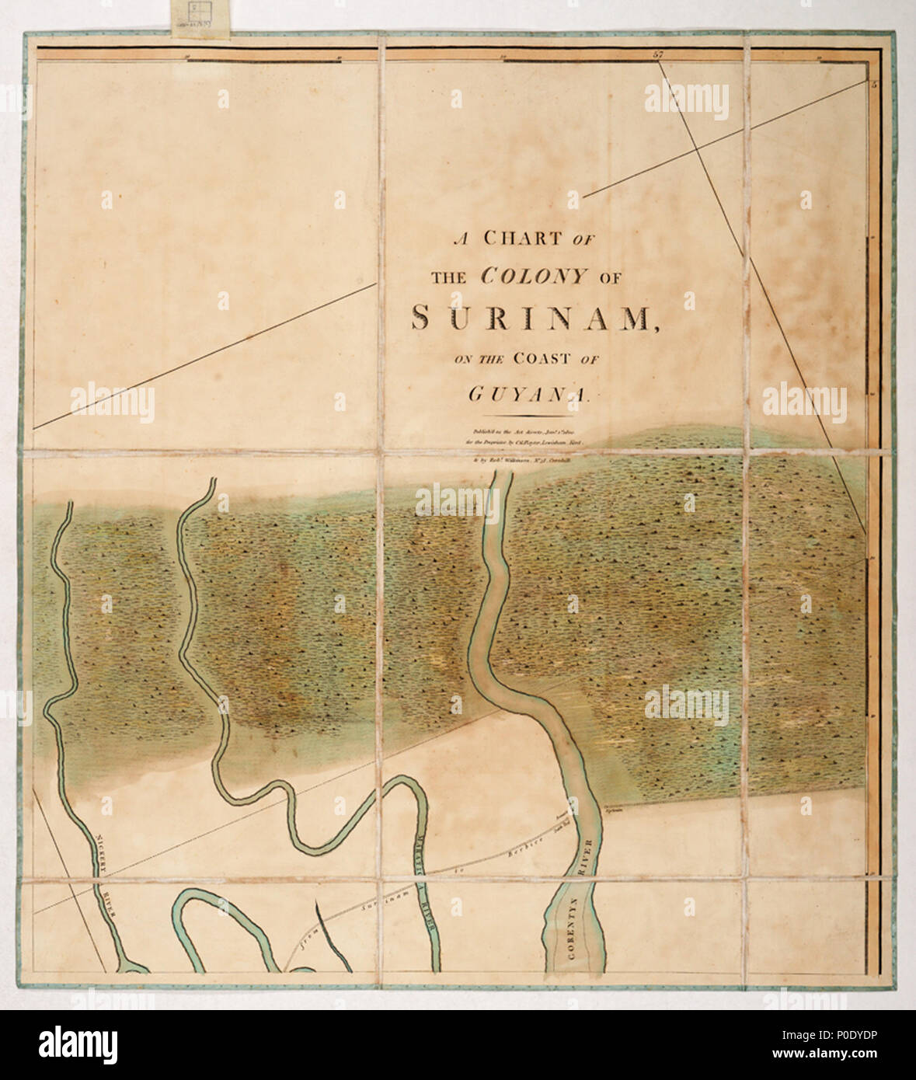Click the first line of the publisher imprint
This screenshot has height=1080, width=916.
tap(522, 432)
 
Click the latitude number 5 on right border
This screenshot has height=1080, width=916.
tap(872, 85)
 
